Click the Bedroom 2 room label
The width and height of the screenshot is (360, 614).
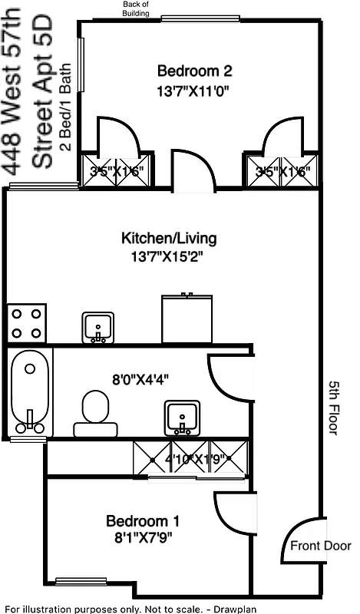coord(194,71)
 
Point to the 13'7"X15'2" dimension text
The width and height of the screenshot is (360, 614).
coord(167,255)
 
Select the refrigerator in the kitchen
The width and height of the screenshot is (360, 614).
coord(187,319)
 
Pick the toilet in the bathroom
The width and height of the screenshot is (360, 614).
coord(97,412)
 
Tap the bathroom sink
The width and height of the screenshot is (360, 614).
coord(183,418)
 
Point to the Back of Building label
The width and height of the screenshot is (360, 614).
coord(140,8)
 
